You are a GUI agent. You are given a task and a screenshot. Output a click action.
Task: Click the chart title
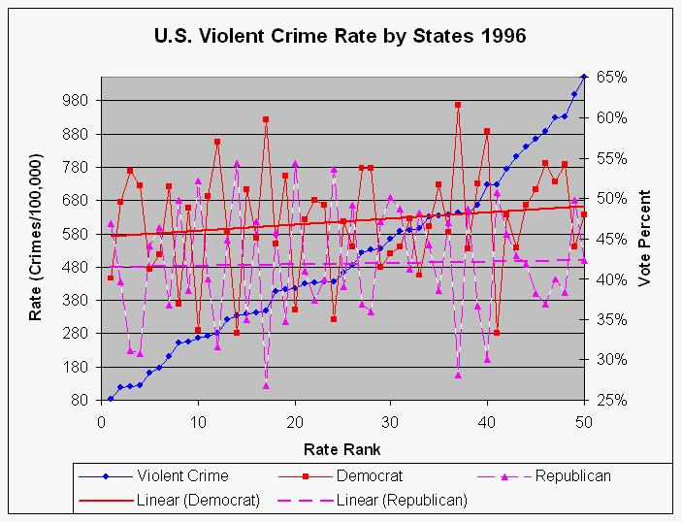(x=341, y=37)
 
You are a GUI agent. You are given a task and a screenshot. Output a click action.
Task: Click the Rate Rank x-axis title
(x=341, y=448)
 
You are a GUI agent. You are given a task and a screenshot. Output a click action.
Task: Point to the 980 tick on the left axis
(x=75, y=101)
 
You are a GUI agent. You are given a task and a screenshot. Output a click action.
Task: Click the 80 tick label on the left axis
(x=79, y=400)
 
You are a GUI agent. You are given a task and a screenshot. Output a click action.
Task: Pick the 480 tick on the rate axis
(x=75, y=267)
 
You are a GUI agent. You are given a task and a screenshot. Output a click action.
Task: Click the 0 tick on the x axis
(x=101, y=423)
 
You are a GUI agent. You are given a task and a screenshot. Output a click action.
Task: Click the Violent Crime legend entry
(x=181, y=476)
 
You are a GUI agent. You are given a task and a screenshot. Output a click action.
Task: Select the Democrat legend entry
(x=372, y=476)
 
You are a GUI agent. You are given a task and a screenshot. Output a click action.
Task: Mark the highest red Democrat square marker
(x=458, y=105)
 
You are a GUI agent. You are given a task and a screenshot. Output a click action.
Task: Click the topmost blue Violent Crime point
(x=584, y=76)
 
